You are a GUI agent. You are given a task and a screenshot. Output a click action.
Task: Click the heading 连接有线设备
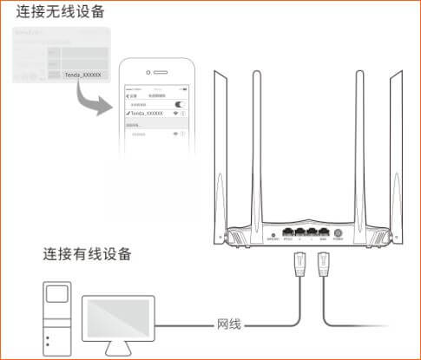pyautogui.click(x=88, y=254)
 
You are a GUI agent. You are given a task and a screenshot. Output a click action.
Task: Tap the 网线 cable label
pyautogui.click(x=227, y=325)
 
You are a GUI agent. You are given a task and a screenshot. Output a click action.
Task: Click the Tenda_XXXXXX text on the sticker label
pyautogui.click(x=82, y=76)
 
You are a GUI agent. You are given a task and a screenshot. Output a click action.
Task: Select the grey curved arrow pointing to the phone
pyautogui.click(x=95, y=104)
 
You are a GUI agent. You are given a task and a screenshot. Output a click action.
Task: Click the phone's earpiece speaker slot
pyautogui.click(x=159, y=72)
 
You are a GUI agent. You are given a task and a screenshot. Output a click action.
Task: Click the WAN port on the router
pyautogui.click(x=322, y=232)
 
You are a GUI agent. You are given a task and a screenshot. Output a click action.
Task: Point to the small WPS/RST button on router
pyautogui.click(x=273, y=234)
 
